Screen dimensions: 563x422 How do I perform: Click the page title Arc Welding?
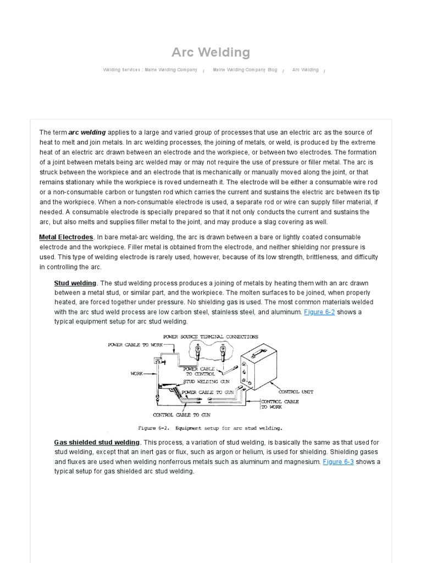click(210, 52)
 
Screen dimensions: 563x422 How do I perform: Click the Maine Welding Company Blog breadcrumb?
click(245, 70)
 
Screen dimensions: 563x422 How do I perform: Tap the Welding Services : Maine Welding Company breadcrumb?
click(150, 70)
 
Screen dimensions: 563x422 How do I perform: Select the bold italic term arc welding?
click(87, 133)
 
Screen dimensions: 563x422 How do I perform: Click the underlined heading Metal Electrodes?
click(66, 237)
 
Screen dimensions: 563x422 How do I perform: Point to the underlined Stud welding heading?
click(75, 283)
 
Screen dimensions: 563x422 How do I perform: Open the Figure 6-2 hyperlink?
click(319, 312)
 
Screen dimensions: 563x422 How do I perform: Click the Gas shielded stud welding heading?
click(97, 442)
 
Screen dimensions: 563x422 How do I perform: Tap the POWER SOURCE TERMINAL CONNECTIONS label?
click(210, 336)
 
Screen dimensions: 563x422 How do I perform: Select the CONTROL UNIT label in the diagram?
click(296, 392)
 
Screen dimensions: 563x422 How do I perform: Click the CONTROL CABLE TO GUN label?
click(181, 415)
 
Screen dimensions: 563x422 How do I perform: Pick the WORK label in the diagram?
click(136, 373)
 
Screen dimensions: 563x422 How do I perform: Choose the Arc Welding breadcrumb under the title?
click(305, 70)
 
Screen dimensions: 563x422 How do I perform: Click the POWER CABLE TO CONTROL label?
click(196, 371)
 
